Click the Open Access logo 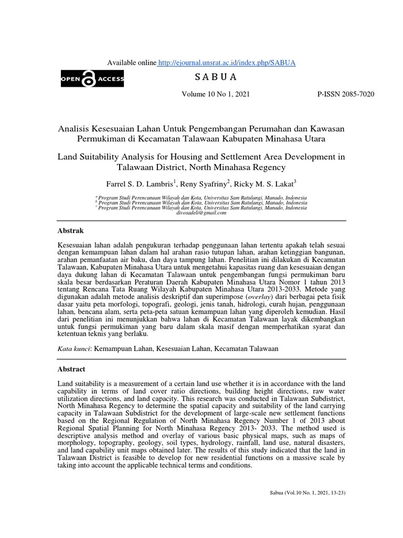tap(92, 79)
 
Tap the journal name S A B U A tap(216, 78)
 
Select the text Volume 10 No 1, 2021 tap(216, 95)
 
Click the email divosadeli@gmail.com tap(201, 213)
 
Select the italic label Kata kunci tap(74, 348)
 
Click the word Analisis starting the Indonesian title tap(74, 129)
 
